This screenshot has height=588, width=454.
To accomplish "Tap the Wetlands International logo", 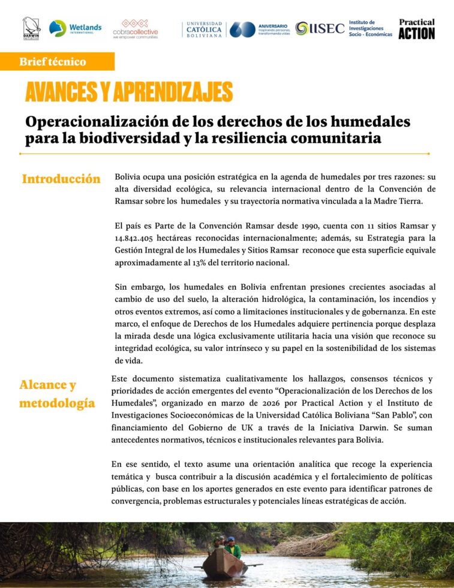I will (x=75, y=28).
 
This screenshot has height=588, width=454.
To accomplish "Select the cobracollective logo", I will (x=136, y=28).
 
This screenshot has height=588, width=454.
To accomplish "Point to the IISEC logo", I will (x=320, y=28).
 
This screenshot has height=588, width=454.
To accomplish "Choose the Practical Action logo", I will (x=416, y=29).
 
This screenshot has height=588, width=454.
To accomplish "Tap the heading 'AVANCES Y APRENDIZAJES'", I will (x=128, y=92).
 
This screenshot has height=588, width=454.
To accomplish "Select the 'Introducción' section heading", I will (x=61, y=179).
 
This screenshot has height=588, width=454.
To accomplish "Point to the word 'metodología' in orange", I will (x=57, y=403).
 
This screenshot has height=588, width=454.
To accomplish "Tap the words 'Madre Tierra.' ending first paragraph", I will (x=398, y=201).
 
